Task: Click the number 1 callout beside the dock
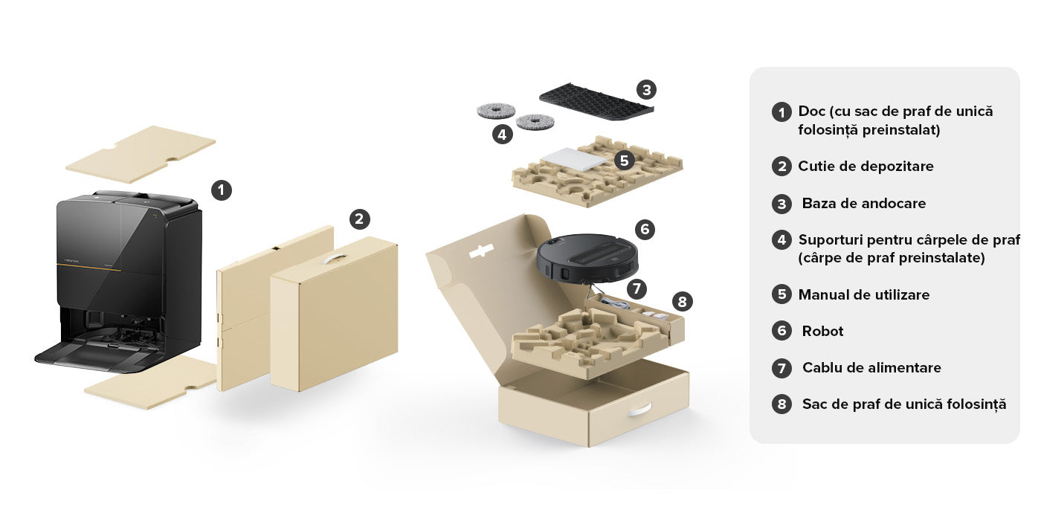[x=222, y=190]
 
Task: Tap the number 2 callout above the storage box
[x=359, y=219]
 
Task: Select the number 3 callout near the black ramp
[x=646, y=89]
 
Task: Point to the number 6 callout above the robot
[x=645, y=229]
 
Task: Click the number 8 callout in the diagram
[x=683, y=302]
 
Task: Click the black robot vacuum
[x=587, y=259]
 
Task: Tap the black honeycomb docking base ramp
[x=596, y=101]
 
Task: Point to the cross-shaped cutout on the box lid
[x=481, y=251]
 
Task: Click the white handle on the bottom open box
[x=640, y=410]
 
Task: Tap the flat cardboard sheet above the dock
[x=141, y=154]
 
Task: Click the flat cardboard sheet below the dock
[x=151, y=383]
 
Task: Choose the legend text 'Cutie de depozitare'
[x=866, y=167]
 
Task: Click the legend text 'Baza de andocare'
[x=864, y=204]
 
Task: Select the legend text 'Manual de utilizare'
[x=864, y=294]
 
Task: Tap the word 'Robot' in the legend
[x=822, y=331]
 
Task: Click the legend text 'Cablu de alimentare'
[x=871, y=367]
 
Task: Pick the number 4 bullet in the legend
[x=781, y=239]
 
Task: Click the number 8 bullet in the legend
[x=781, y=404]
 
